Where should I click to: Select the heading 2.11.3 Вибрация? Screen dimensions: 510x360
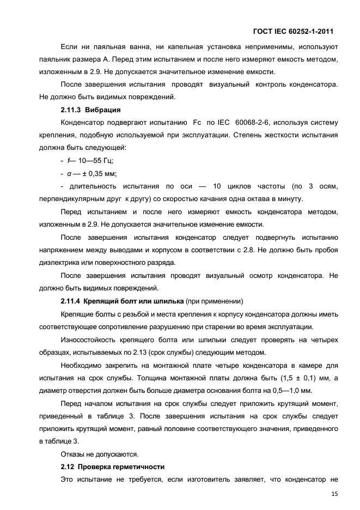coord(90,110)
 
